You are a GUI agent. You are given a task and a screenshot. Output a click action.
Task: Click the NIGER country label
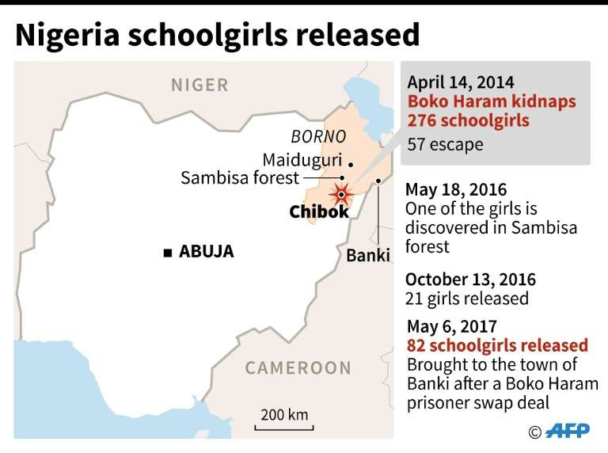click(x=199, y=85)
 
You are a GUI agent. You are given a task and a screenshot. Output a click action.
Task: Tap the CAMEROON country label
click(x=297, y=367)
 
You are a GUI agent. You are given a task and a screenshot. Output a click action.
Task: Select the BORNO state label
click(x=318, y=135)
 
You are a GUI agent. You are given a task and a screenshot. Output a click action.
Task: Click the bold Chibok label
click(x=318, y=211)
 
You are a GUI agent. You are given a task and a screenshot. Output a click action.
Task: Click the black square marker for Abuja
click(x=167, y=253)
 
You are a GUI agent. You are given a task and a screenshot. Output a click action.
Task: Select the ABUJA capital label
click(x=207, y=253)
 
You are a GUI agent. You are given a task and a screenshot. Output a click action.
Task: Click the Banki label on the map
click(x=368, y=256)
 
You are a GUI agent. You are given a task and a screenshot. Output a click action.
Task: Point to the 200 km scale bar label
click(x=284, y=415)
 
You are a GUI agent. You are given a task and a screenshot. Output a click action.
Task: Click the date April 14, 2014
click(x=460, y=82)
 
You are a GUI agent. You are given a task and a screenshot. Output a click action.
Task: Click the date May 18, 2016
click(x=455, y=191)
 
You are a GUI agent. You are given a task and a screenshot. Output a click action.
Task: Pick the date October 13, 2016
click(x=470, y=280)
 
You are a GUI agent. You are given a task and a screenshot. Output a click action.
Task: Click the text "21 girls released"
click(x=466, y=299)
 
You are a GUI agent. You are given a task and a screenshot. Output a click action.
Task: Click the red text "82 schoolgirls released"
click(x=497, y=345)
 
